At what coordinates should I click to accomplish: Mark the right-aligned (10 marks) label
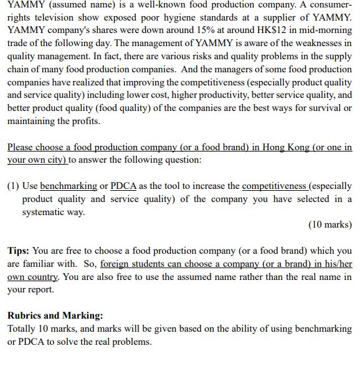[329, 224]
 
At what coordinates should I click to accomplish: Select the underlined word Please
[21, 147]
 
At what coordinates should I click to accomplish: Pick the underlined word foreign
[116, 263]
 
